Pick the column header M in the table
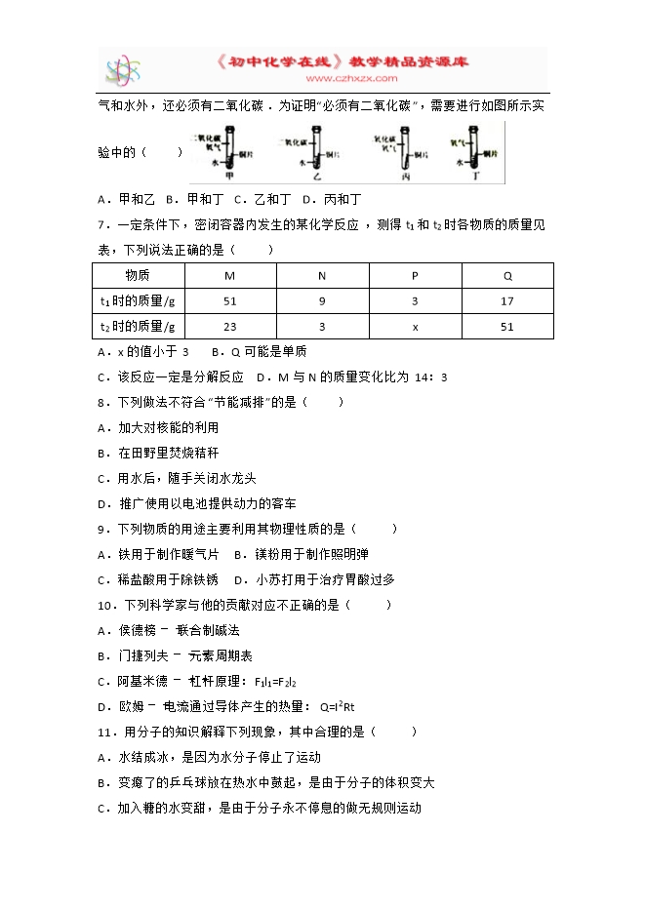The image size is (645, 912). [230, 276]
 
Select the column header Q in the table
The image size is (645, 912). [507, 276]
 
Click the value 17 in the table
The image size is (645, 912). [507, 301]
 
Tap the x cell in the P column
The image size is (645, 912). [415, 327]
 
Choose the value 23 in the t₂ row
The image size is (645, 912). [230, 327]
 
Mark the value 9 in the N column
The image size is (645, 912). [322, 301]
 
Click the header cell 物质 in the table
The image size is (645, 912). [138, 276]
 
